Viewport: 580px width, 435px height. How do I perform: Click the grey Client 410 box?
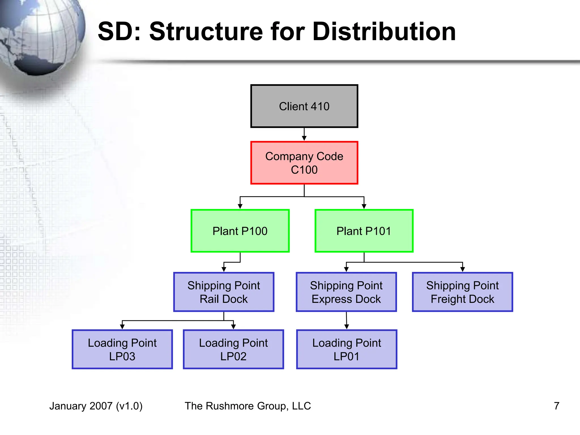(x=304, y=106)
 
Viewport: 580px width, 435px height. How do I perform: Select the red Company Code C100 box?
(x=304, y=163)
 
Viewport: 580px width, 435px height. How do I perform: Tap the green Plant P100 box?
(x=240, y=231)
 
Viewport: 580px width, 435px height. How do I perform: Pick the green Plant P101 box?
(x=364, y=231)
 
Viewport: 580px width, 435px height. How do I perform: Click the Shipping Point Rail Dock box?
(x=224, y=292)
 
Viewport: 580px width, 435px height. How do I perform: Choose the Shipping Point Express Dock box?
(x=346, y=292)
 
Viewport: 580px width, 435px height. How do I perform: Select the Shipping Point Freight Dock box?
(x=462, y=292)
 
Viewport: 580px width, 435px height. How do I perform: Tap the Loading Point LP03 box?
(x=122, y=349)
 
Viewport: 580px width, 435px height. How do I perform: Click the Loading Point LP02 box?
(x=233, y=349)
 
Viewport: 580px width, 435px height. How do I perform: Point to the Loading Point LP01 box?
(x=346, y=349)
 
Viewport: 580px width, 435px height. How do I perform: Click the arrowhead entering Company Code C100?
(x=304, y=138)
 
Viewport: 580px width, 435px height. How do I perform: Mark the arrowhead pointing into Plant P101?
(x=364, y=206)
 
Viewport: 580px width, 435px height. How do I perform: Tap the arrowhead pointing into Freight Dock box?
(x=462, y=269)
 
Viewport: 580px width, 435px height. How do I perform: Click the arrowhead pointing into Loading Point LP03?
(x=122, y=327)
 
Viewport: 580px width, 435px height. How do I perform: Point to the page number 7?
(x=556, y=406)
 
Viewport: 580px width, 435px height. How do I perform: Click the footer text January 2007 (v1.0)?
(x=96, y=406)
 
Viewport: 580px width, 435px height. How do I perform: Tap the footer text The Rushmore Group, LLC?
(x=248, y=406)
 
